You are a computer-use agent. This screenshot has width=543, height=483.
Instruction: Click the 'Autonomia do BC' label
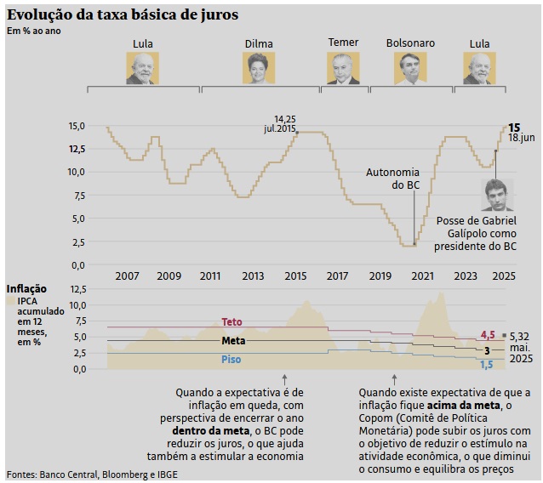pos(392,179)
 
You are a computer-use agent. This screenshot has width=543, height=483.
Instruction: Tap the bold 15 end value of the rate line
pos(514,127)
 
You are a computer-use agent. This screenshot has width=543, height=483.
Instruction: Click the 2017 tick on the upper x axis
pos(337,276)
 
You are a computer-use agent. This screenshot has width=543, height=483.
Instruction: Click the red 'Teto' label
pos(231,322)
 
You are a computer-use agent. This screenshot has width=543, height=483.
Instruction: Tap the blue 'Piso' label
pos(231,359)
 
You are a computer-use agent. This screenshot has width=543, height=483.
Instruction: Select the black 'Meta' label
pos(233,341)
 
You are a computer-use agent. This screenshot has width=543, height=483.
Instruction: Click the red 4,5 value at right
pos(488,335)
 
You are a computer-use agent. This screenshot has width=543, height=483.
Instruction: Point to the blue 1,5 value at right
pos(487,365)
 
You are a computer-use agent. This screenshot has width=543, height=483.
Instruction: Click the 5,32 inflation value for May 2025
pos(520,337)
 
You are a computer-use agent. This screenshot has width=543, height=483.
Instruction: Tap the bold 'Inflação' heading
pos(26,289)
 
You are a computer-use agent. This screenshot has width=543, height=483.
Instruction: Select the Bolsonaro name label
pos(410,43)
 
